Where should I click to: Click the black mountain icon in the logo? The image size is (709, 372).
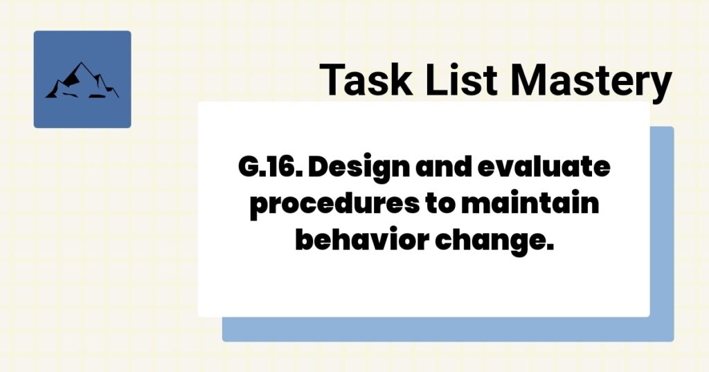click(82, 82)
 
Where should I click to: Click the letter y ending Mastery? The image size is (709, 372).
click(661, 85)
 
